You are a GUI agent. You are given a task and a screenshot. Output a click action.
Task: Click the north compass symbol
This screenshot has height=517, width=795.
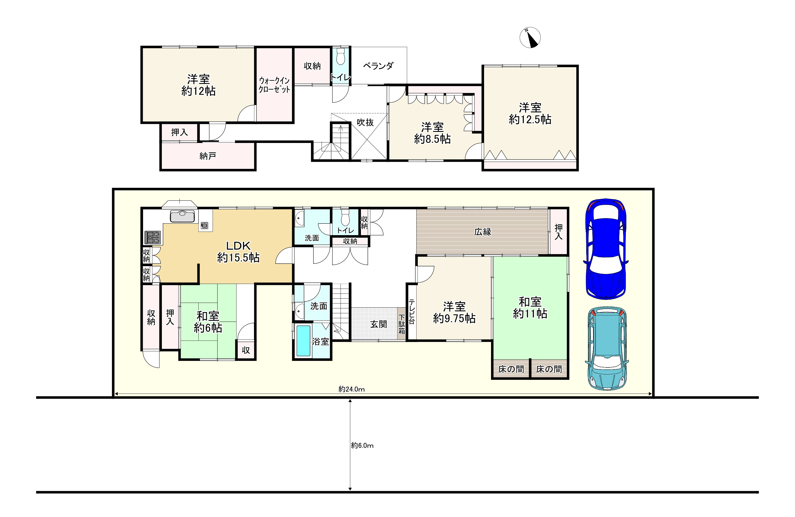click(x=530, y=37)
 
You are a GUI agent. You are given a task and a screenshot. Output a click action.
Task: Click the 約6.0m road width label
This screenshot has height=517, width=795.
click(x=362, y=446)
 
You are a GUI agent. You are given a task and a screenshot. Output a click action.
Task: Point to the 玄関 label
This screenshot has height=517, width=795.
click(x=378, y=324)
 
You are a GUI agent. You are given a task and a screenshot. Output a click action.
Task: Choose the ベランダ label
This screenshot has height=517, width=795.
click(x=378, y=66)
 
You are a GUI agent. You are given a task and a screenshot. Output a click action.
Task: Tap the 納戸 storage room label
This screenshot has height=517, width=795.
click(x=208, y=156)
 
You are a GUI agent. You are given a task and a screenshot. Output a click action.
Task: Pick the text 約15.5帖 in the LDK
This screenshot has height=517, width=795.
click(x=238, y=258)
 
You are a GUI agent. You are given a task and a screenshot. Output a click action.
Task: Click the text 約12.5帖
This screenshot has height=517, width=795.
click(x=530, y=120)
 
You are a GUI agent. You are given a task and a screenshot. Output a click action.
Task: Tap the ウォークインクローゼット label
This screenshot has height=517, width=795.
click(x=275, y=85)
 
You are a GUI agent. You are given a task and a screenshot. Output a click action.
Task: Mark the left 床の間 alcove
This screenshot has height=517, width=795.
click(x=511, y=369)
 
